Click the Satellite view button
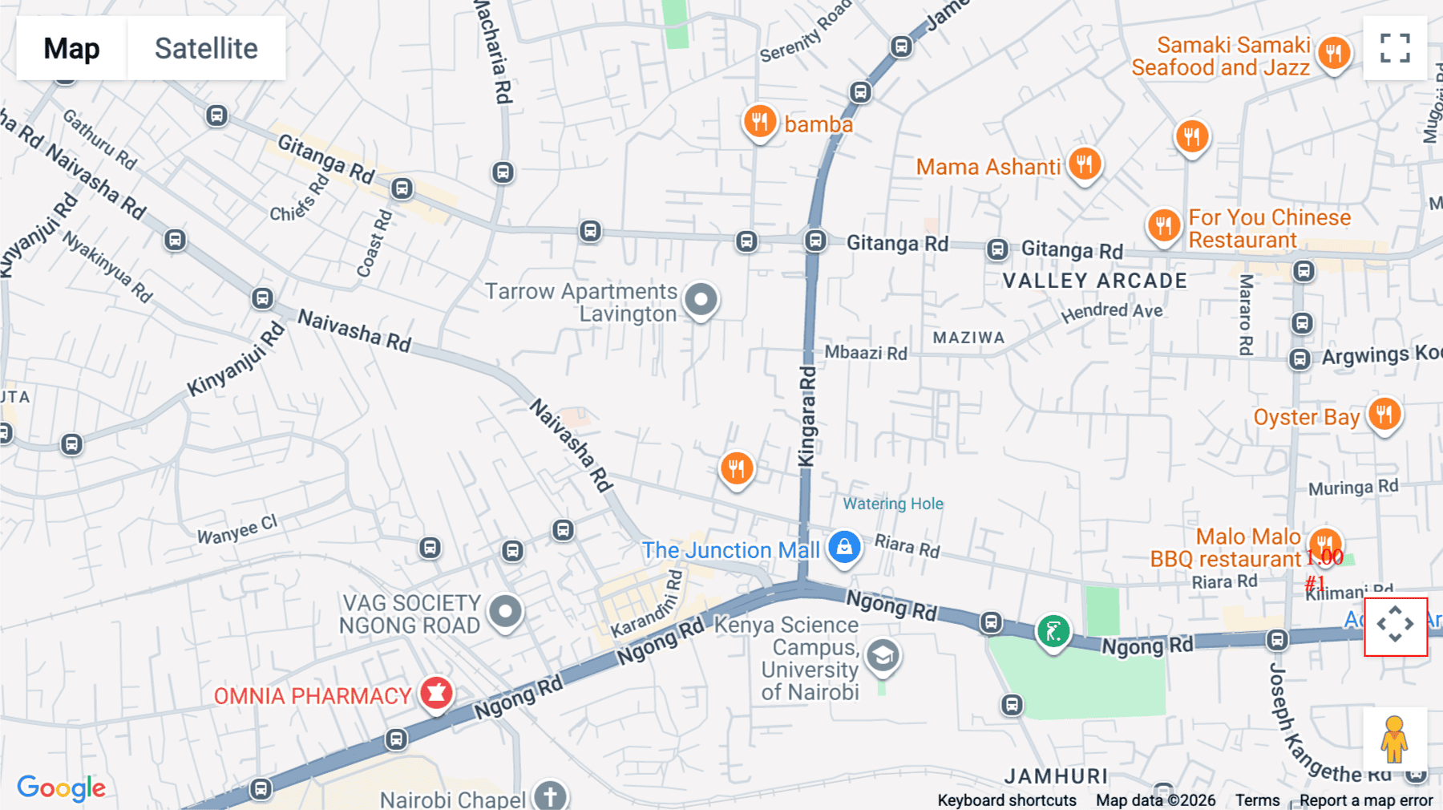[206, 48]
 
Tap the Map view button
[71, 48]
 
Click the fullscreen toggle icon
[1395, 48]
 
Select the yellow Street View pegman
[1394, 739]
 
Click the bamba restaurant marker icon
[759, 123]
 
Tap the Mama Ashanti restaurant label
[988, 167]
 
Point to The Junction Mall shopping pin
[844, 548]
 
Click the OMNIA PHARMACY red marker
[436, 693]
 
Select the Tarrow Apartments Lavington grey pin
[701, 300]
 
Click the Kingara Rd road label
[806, 416]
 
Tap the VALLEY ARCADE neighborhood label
[1094, 281]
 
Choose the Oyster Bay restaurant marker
[1384, 415]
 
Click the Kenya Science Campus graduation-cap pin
[883, 656]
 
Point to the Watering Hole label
[893, 504]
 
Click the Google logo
[61, 788]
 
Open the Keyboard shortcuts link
[1007, 800]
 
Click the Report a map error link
[1366, 800]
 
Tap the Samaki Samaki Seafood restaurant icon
[1334, 54]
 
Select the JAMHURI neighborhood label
[1056, 776]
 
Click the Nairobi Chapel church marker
[550, 796]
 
